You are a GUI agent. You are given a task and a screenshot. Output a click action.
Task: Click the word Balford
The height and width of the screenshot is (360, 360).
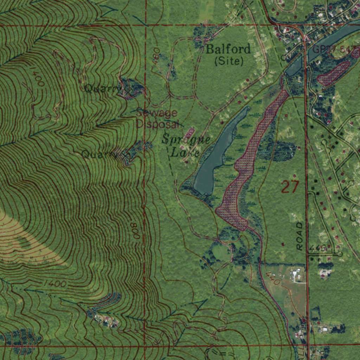(x=228, y=49)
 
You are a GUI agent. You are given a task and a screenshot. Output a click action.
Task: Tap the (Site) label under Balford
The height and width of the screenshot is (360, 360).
(x=229, y=61)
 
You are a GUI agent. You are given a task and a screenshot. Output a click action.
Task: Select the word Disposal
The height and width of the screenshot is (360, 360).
(x=158, y=124)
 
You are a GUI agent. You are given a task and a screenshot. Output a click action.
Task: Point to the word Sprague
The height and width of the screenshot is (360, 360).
(x=186, y=140)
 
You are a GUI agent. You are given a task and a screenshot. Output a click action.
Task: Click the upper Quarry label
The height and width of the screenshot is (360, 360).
(x=102, y=89)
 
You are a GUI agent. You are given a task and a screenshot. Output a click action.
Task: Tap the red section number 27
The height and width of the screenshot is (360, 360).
(x=290, y=187)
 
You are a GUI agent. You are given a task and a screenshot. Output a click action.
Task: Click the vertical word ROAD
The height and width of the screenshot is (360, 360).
(x=299, y=236)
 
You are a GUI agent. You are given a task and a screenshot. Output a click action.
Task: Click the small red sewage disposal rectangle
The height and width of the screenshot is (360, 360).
(x=189, y=133)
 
